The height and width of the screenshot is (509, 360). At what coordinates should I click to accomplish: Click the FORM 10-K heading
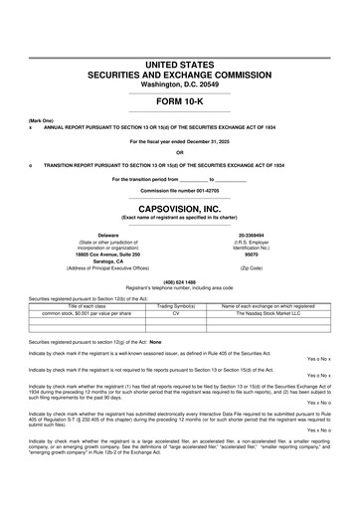pos(179,103)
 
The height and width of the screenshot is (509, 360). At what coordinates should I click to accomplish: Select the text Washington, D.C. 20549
pos(179,84)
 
